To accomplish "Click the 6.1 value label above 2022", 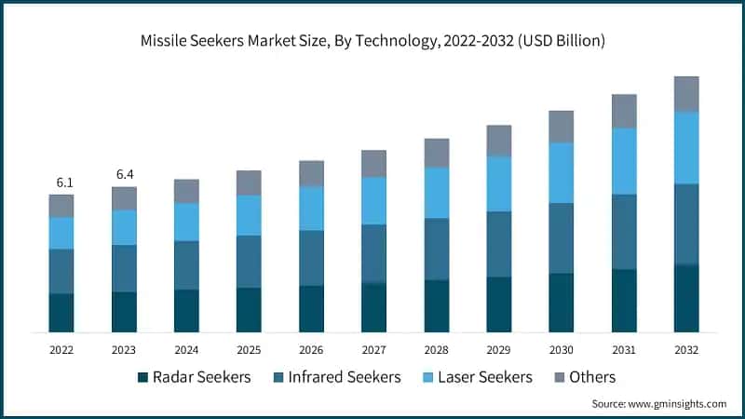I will [x=61, y=182].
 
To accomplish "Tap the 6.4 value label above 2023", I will [x=124, y=175].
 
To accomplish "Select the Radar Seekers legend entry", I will [x=194, y=377].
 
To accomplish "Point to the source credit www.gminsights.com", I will [x=659, y=404].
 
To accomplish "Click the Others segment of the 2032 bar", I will [x=686, y=94].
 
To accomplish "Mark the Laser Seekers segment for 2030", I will [x=562, y=172].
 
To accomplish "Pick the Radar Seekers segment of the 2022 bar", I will [x=61, y=313].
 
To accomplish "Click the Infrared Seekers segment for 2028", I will [x=437, y=249].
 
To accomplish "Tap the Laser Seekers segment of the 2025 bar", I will [x=249, y=215].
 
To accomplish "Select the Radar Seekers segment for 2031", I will [x=624, y=301].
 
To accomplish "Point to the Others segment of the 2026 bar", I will [x=311, y=173].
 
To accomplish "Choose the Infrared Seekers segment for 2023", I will [x=124, y=268].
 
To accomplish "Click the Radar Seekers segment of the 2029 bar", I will [x=499, y=304].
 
